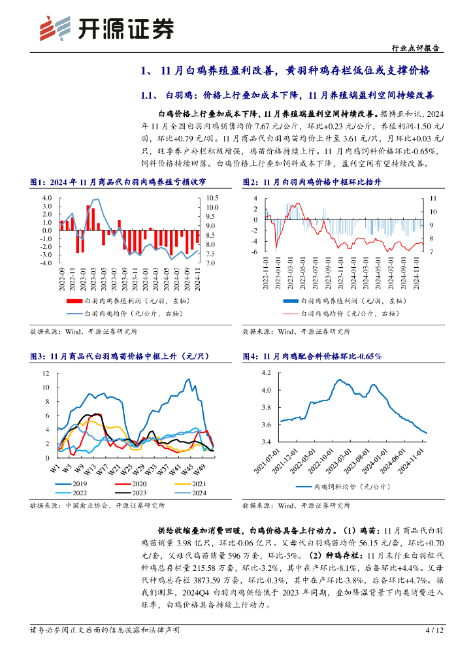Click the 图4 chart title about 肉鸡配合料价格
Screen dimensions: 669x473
click(x=312, y=356)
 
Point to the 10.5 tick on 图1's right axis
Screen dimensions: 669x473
click(x=212, y=198)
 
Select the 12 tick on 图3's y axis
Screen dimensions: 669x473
click(x=45, y=373)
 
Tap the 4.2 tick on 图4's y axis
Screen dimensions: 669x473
click(x=265, y=372)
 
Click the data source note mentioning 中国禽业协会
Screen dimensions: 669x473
click(x=98, y=506)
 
